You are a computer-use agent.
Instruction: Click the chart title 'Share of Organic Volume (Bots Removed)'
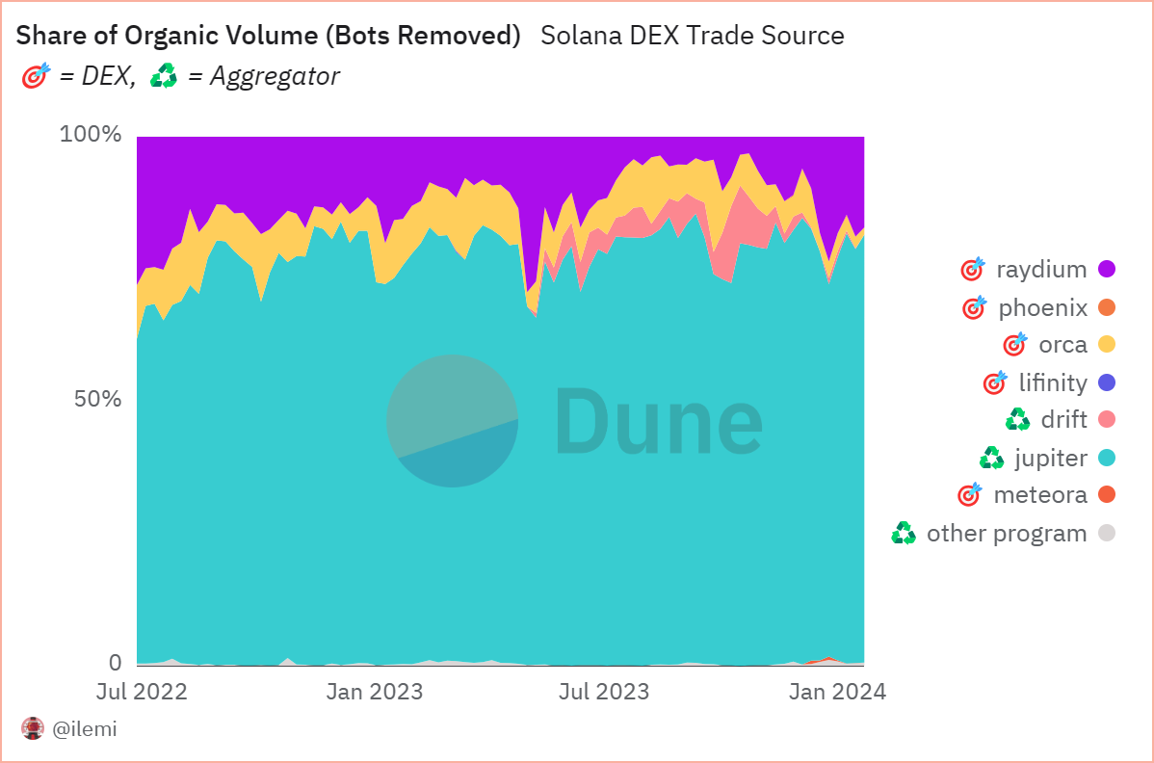(x=269, y=37)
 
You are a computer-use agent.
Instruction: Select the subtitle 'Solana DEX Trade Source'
(x=692, y=37)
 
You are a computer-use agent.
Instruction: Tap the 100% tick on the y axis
(x=91, y=134)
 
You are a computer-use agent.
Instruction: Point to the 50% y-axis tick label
(x=97, y=399)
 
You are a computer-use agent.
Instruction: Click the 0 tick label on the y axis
(x=115, y=663)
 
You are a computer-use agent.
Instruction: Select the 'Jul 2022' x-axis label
(x=142, y=692)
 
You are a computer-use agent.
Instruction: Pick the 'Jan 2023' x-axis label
(x=374, y=692)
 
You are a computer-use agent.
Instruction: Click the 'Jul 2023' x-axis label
(x=604, y=692)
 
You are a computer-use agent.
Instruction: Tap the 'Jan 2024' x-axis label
(x=836, y=692)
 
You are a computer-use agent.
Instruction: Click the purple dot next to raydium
(x=1107, y=270)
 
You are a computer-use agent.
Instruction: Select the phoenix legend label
(x=1042, y=308)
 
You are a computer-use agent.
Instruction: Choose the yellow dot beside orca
(x=1107, y=345)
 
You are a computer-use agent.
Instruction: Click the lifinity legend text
(x=1053, y=383)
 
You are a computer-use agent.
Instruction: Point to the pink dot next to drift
(x=1107, y=420)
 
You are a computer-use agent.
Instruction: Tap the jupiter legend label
(x=1051, y=459)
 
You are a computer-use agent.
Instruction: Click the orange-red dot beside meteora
(x=1107, y=495)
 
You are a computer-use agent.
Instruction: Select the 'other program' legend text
(x=1006, y=534)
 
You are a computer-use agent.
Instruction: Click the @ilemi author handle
(x=84, y=729)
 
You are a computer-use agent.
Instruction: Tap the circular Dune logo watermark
(x=452, y=421)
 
